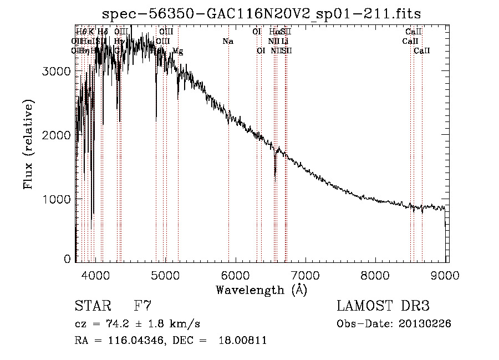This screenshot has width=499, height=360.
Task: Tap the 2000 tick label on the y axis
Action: coord(58,135)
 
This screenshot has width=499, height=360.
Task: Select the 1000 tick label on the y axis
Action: coord(58,199)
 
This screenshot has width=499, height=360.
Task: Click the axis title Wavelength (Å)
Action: coord(261,289)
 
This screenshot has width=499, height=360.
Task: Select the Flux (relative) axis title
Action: coord(28,144)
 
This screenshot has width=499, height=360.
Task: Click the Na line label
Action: coord(228,42)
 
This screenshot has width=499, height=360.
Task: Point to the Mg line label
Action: coord(178,51)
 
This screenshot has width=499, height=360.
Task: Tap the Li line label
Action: coord(284,42)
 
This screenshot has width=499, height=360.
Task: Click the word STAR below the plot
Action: coord(92,306)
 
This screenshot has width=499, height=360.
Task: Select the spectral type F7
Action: coord(143,306)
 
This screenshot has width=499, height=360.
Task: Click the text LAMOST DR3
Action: coord(383,306)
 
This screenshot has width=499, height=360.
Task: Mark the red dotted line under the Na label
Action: coord(228,166)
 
